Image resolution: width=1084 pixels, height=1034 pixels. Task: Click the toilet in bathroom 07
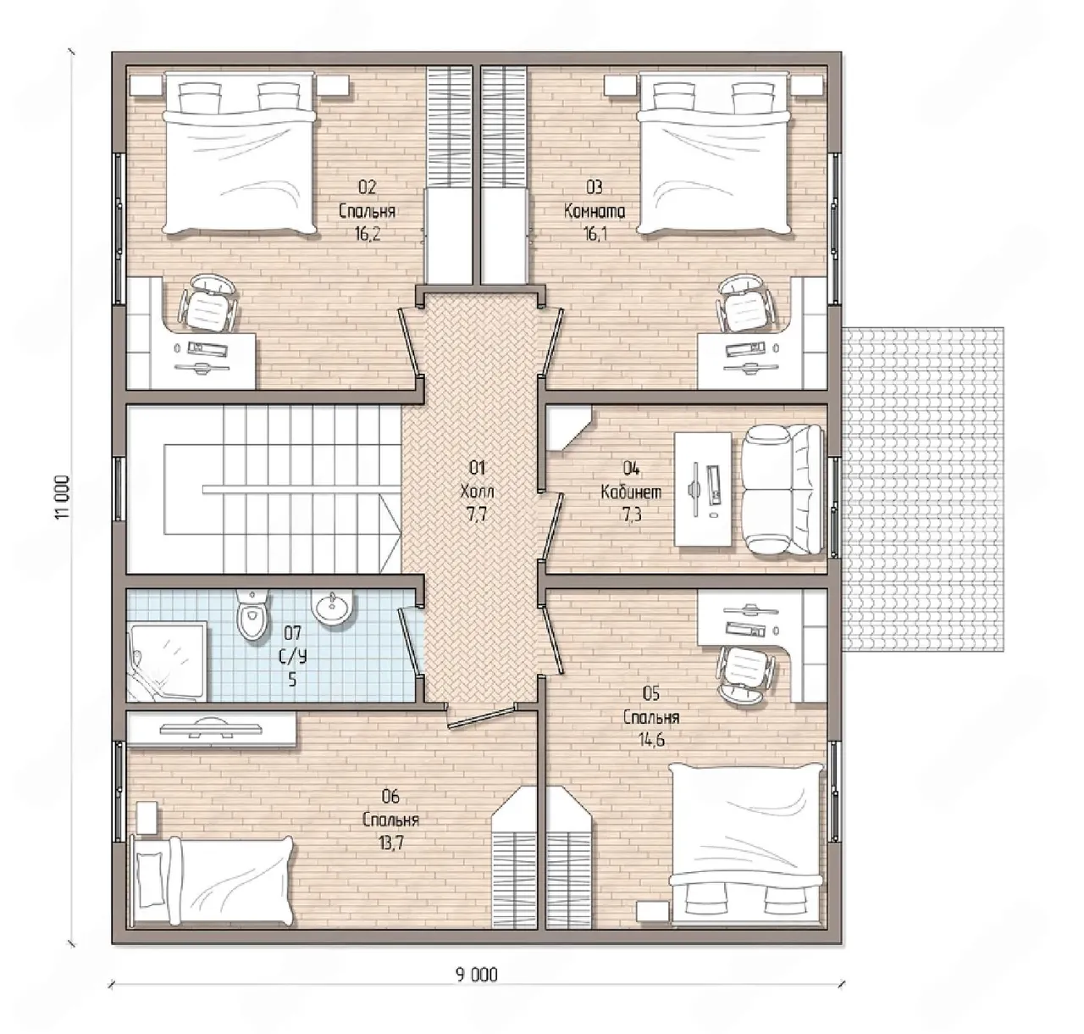coord(252,617)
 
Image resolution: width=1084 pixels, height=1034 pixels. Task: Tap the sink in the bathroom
coord(332,609)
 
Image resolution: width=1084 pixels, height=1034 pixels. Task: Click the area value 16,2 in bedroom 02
coord(368,235)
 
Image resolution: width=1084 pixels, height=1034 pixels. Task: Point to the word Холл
coord(477,491)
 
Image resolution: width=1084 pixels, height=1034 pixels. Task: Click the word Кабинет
coord(631,492)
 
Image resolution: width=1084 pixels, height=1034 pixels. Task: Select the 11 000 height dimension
coord(62,497)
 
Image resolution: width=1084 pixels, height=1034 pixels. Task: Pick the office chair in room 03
coord(746,303)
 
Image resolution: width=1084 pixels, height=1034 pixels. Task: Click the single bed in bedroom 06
coord(213,881)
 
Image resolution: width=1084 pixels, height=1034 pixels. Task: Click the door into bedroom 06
coord(481,715)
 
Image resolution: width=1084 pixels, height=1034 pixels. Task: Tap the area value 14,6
coord(651,740)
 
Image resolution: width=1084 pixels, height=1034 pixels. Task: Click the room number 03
coord(594,187)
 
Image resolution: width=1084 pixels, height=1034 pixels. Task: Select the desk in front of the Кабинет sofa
coord(704,490)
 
